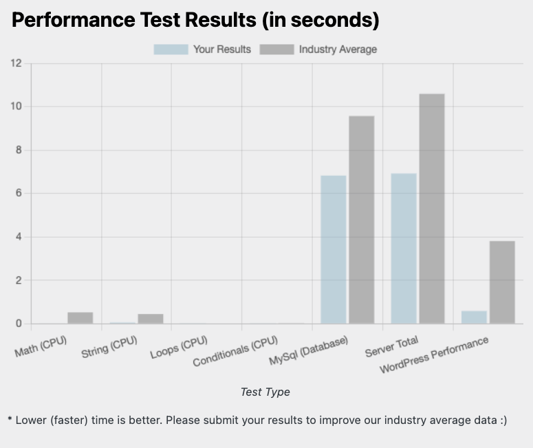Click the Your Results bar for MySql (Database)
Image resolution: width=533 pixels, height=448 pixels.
tap(334, 249)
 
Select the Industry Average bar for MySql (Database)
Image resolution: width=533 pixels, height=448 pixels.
tap(362, 220)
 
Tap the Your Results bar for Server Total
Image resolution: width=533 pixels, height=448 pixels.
tap(404, 248)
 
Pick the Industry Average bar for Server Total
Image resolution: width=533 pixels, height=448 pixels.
tap(432, 208)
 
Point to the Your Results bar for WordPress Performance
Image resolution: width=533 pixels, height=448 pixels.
tap(474, 317)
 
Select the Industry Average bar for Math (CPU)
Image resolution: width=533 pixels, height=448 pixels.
tap(80, 317)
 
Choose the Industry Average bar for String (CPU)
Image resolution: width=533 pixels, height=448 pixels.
tap(151, 318)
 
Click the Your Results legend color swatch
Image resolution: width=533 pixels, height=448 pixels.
tap(171, 49)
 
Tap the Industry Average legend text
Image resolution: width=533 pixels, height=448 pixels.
tap(338, 49)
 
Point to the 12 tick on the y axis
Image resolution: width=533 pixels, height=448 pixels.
tap(16, 64)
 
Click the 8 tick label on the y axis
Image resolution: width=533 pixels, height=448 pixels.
tap(19, 150)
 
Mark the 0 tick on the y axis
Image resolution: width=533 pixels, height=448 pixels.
tap(19, 324)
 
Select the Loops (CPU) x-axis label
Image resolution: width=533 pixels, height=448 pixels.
tap(178, 346)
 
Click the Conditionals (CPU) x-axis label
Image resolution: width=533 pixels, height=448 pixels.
tap(235, 350)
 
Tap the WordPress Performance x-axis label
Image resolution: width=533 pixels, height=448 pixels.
tap(435, 355)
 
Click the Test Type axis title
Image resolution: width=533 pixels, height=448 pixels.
tap(265, 392)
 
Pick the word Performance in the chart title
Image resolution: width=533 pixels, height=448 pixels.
tap(66, 21)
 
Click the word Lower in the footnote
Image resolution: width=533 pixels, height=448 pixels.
tap(30, 419)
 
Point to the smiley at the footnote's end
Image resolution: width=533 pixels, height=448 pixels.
tap(501, 419)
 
